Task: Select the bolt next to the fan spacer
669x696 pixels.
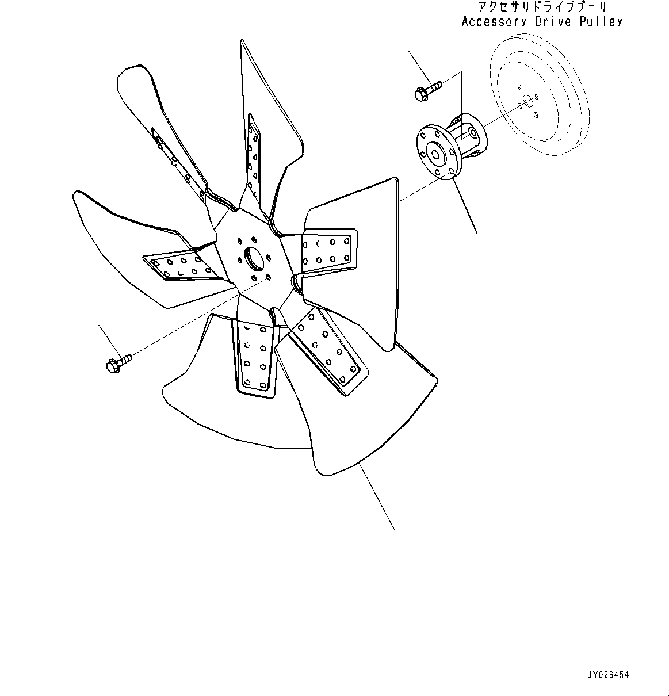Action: pyautogui.click(x=427, y=90)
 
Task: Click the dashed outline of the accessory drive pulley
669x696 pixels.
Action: pyautogui.click(x=538, y=95)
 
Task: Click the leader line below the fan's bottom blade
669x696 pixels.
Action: pyautogui.click(x=377, y=497)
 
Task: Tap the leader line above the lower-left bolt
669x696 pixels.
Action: pyautogui.click(x=109, y=340)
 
